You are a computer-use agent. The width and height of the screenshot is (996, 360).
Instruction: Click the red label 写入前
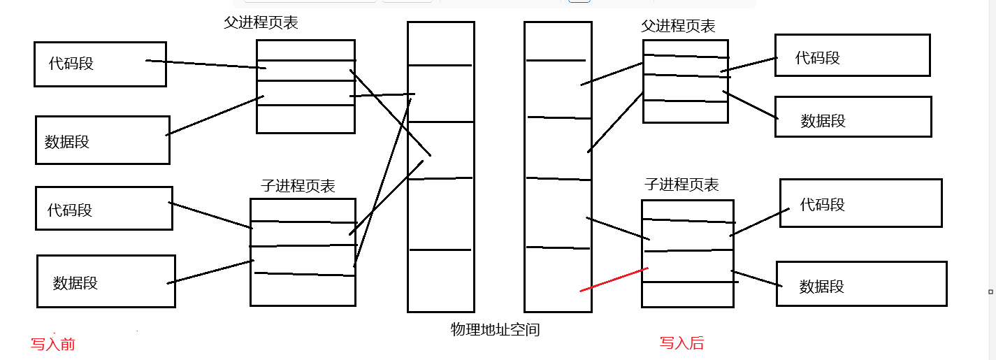coord(52,344)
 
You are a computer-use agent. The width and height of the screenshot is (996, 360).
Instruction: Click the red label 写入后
coord(681,343)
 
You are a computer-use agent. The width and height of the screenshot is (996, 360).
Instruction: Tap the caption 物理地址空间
coord(495,329)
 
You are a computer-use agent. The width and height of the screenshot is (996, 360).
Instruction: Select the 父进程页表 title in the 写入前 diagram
coord(261,22)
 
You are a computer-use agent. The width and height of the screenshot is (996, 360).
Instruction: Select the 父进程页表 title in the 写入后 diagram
coord(678,27)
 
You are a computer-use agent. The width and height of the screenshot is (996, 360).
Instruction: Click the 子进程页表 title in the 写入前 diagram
coord(298,186)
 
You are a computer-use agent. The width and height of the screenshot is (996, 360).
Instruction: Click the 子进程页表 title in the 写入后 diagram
coord(681,185)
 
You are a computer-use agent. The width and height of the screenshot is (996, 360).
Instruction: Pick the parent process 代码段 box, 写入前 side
coord(100,64)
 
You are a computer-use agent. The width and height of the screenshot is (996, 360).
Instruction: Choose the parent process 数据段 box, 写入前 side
coord(102,141)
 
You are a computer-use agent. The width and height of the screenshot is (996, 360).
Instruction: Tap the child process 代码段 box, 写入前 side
coord(103,208)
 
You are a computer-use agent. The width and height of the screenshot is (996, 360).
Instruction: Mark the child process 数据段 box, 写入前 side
coord(106,281)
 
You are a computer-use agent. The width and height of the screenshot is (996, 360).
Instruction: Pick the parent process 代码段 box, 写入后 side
coord(852,55)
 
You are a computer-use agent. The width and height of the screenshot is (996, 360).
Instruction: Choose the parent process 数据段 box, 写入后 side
coord(853,117)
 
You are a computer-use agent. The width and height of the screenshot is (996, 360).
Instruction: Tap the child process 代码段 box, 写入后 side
coord(860,203)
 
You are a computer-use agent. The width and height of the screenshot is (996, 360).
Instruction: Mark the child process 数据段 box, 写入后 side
coord(861,284)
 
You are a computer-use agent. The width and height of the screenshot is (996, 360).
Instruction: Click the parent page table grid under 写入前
coord(305,87)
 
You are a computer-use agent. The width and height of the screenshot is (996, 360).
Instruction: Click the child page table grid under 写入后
coord(688,253)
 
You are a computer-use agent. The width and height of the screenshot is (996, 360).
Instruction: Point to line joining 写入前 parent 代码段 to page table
coord(203,64)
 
